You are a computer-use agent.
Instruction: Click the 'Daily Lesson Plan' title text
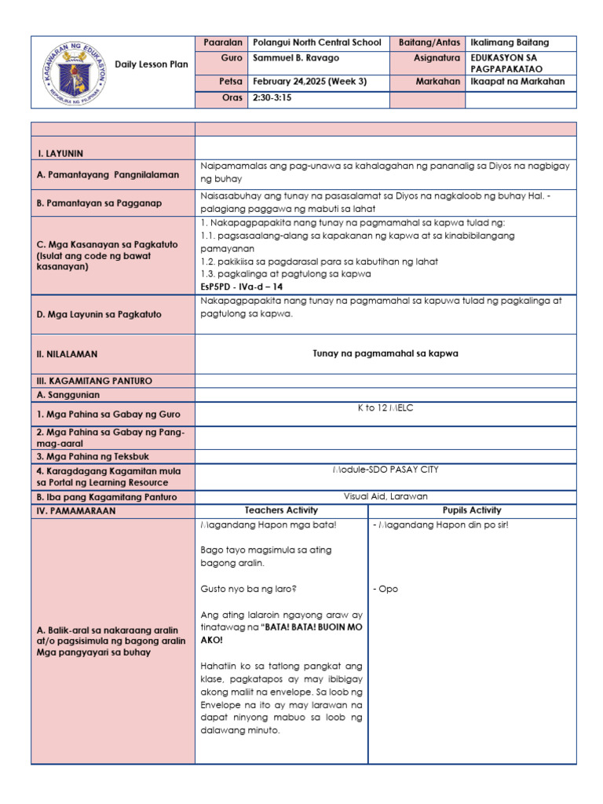(152, 64)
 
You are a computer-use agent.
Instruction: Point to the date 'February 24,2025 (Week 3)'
(310, 81)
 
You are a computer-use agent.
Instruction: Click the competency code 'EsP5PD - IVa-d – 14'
(241, 286)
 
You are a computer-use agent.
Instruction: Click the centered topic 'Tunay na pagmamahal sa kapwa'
(385, 353)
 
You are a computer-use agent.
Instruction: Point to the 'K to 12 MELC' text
(385, 411)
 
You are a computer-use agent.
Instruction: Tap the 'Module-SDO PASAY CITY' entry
(385, 470)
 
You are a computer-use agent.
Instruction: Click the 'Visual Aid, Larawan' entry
(385, 496)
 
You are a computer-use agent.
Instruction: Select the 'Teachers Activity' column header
(281, 510)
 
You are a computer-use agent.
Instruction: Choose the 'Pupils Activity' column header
(472, 510)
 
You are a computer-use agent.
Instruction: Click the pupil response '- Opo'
(385, 589)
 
